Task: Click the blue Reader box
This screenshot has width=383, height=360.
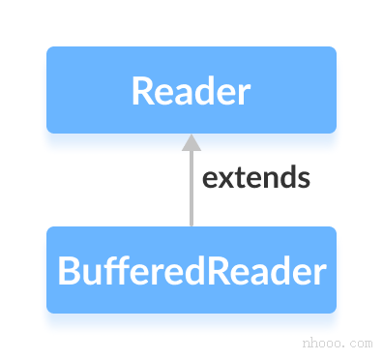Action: [191, 90]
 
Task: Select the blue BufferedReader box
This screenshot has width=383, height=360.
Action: [191, 270]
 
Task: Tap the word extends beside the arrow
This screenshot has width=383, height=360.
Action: [255, 178]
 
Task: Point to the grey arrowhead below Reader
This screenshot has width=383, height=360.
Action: [191, 142]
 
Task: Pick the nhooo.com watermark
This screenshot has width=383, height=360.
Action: [337, 343]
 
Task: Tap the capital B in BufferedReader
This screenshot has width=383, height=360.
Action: [68, 271]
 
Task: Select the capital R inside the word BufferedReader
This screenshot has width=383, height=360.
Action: [219, 271]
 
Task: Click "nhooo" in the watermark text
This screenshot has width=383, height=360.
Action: [323, 343]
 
